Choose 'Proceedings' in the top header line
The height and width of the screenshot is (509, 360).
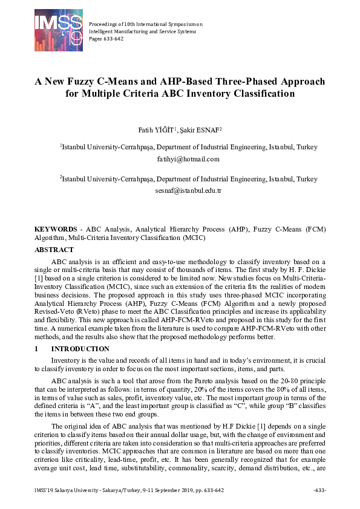[105, 24]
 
